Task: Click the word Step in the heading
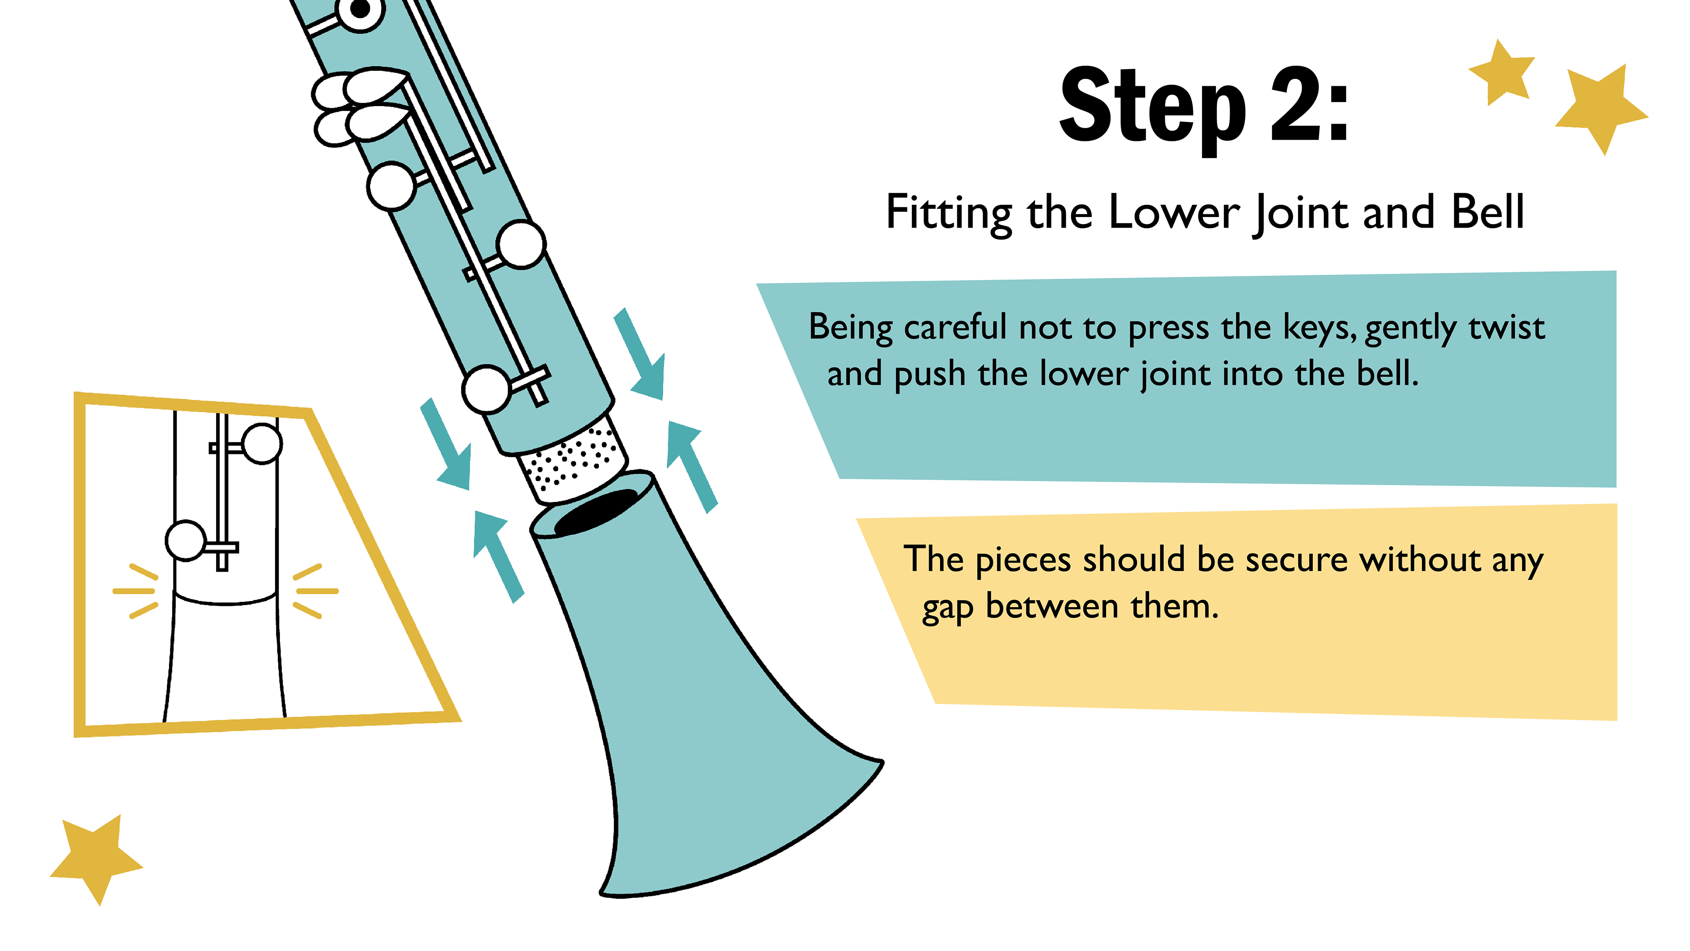click(x=1154, y=108)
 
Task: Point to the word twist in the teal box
click(x=1506, y=327)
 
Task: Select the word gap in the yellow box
click(x=947, y=609)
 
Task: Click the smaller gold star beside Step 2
click(x=1503, y=73)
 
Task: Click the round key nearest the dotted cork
click(x=487, y=389)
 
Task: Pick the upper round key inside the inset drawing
click(x=262, y=444)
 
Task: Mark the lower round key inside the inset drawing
click(x=186, y=541)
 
